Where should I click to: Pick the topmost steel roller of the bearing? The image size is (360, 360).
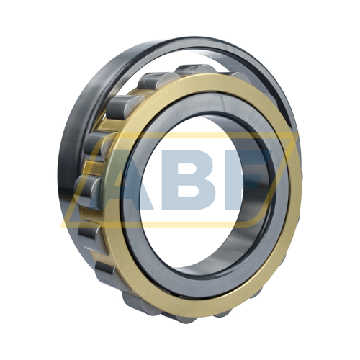(193, 70)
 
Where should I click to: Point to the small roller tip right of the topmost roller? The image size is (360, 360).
(240, 76)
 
